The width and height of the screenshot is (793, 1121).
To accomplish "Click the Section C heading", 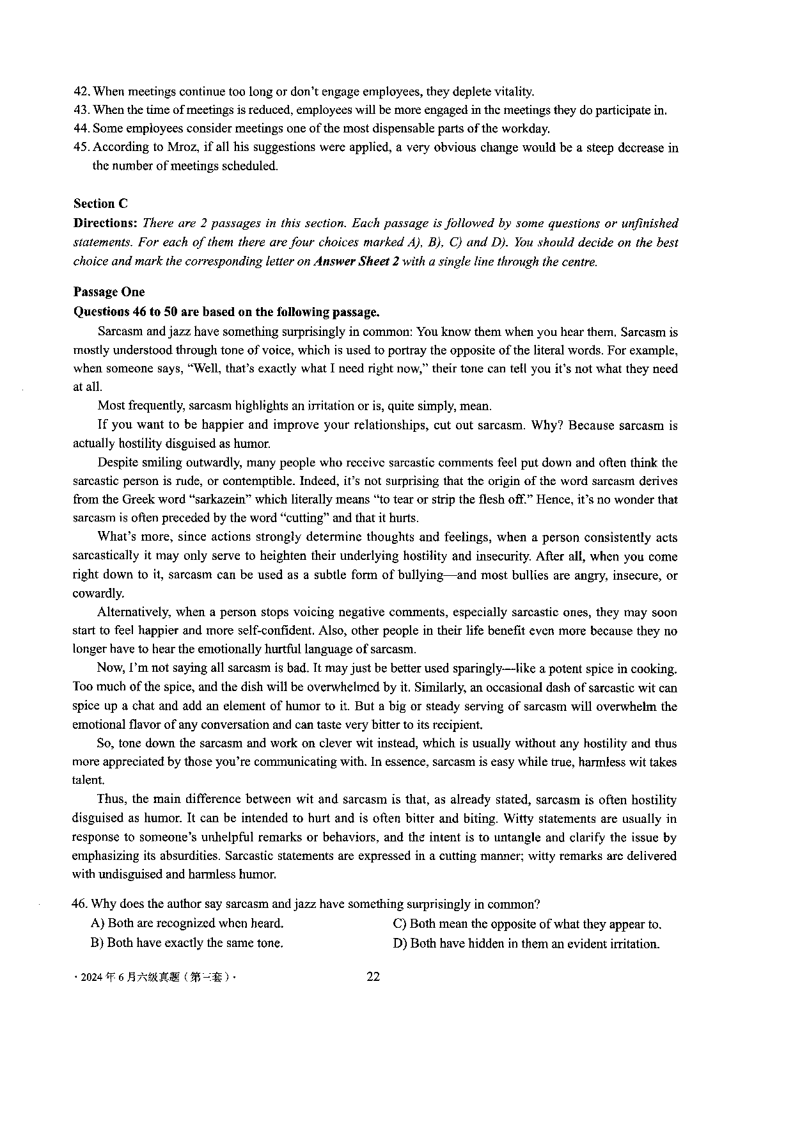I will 100,203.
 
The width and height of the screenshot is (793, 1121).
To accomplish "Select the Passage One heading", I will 109,292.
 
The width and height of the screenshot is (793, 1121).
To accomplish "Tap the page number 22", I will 373,976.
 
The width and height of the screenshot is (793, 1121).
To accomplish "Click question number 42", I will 82,91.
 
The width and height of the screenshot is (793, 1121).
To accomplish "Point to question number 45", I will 82,147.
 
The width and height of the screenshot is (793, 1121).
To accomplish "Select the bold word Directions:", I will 106,223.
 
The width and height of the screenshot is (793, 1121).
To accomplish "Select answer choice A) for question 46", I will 187,923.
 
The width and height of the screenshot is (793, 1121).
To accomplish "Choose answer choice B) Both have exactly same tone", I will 187,942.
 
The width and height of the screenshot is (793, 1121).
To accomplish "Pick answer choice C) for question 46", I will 526,924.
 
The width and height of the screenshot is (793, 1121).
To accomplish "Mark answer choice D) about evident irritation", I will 525,943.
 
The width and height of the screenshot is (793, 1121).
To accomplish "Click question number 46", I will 81,904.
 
